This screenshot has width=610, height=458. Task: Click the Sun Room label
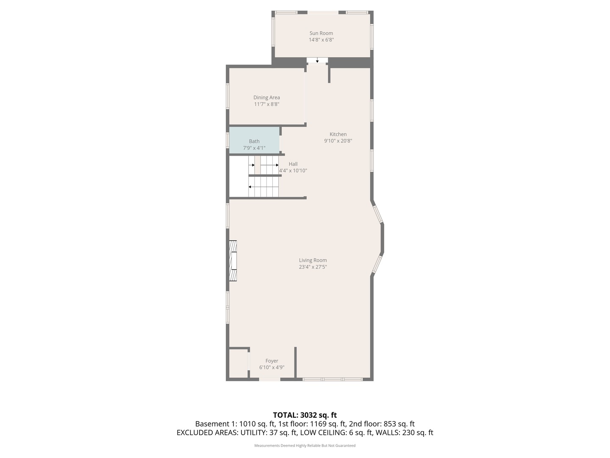321,33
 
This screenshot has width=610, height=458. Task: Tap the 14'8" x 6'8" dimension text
321,40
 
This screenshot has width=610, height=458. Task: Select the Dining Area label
266,98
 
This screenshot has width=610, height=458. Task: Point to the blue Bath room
254,140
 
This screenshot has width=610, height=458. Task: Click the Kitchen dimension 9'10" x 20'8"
338,141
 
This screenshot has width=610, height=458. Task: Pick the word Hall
293,164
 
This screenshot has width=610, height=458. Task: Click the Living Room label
313,260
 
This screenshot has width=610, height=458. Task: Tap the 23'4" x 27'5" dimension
313,267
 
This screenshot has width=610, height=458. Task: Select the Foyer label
272,361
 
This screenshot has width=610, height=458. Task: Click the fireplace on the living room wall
233,261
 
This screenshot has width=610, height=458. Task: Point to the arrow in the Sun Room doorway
317,60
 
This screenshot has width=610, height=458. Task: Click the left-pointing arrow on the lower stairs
263,187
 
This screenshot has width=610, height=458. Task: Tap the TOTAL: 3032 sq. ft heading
305,415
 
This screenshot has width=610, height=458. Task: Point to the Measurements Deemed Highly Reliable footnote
305,446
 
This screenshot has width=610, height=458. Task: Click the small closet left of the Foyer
238,363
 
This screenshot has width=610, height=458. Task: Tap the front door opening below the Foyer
269,379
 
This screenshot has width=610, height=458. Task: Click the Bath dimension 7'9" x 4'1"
254,148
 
